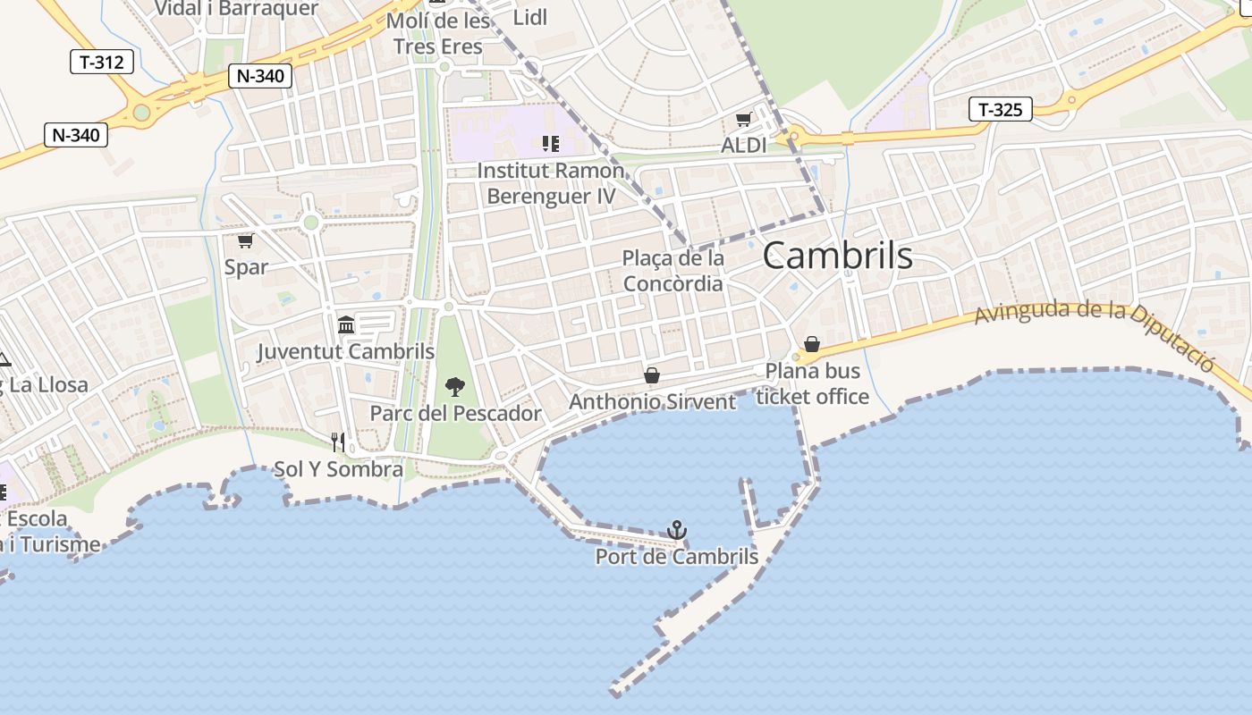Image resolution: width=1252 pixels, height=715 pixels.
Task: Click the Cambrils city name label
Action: coord(837,257)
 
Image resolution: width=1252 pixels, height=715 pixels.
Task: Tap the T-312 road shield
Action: coord(102,62)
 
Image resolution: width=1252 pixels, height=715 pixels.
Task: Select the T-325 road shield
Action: coord(1000,110)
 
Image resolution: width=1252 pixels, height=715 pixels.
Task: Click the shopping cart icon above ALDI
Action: coord(743,120)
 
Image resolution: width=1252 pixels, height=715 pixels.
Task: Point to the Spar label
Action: coord(246,266)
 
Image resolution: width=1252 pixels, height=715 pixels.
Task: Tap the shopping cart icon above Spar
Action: coord(245,241)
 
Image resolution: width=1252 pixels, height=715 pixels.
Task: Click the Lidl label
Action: coord(529,17)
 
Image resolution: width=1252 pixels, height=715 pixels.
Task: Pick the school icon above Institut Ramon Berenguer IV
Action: coord(551,143)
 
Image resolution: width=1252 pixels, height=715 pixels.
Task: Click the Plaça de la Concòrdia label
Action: coord(673,271)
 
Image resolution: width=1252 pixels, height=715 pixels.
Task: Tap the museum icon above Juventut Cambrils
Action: coord(346,324)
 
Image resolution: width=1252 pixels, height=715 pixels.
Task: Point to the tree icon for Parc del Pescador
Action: coord(455,387)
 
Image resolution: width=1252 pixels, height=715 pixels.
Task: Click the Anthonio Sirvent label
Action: coord(653,402)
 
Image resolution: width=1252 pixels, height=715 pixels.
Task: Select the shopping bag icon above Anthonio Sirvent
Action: coord(652,376)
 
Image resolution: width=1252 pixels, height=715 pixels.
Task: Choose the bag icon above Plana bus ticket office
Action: coord(812,344)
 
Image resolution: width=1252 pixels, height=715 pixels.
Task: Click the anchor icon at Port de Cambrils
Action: coord(677,530)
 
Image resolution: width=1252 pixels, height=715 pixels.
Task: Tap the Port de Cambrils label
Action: coord(677,557)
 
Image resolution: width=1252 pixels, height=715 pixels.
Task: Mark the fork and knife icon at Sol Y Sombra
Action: coord(338,442)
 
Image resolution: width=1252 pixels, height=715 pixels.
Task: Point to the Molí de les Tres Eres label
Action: coord(438,34)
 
